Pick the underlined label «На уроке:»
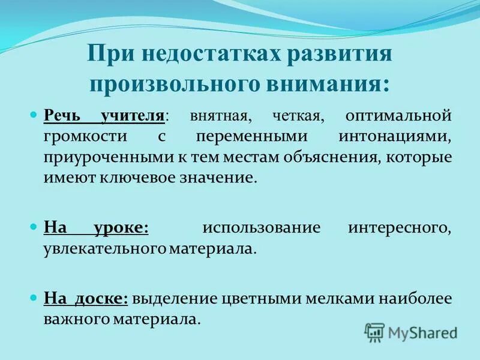[96, 228]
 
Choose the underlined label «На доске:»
[86, 298]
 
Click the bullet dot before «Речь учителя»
[34, 114]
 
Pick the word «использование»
[261, 229]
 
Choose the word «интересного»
[400, 229]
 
